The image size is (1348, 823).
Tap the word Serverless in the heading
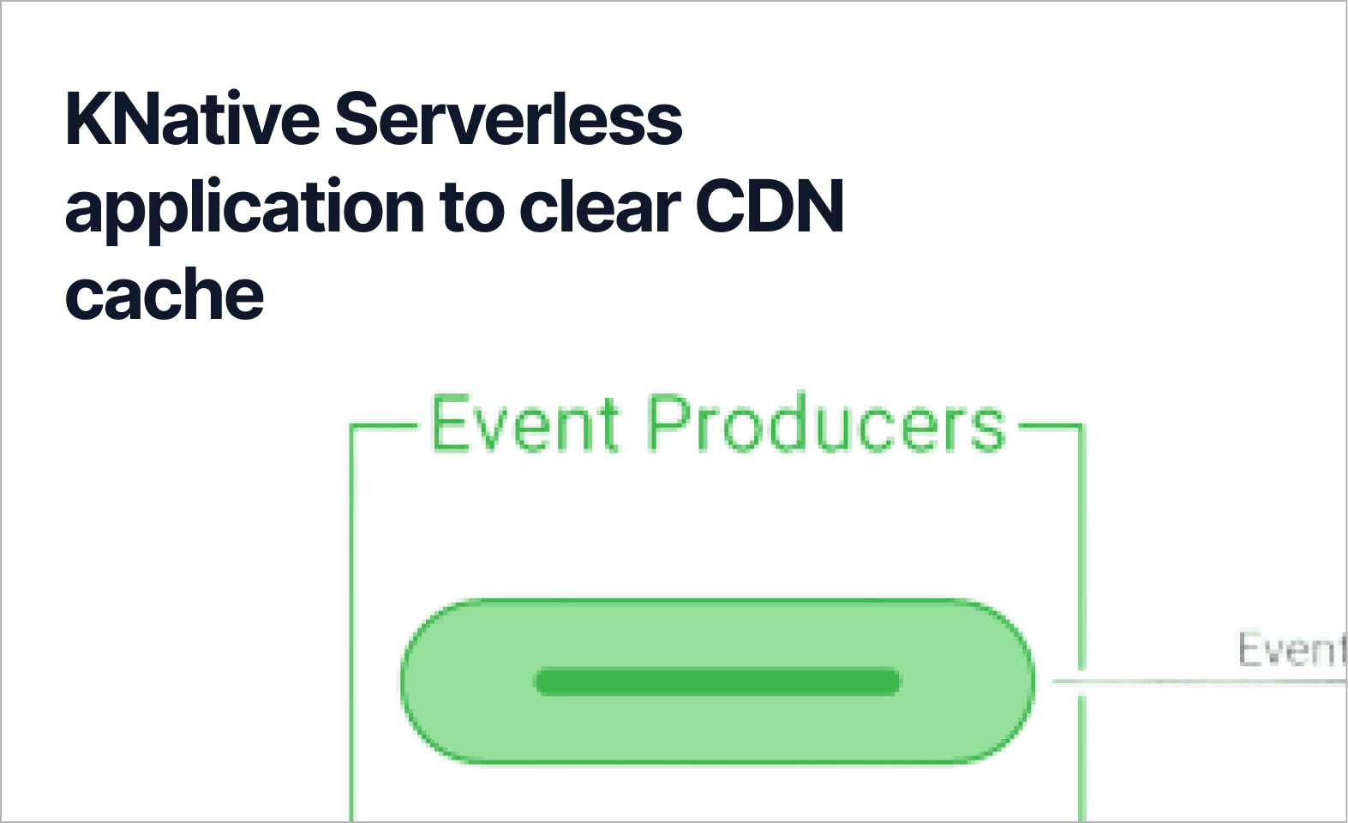[x=507, y=118]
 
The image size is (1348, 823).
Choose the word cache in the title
[x=165, y=295]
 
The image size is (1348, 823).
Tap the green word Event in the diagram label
[x=524, y=424]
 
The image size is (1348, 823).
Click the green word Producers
[x=825, y=424]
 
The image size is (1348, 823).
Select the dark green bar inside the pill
[x=717, y=682]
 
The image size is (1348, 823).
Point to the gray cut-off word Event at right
[x=1291, y=649]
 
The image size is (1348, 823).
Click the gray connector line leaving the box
[x=1200, y=682]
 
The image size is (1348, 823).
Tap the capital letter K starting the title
[x=85, y=118]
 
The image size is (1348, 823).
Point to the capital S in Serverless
[x=356, y=118]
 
